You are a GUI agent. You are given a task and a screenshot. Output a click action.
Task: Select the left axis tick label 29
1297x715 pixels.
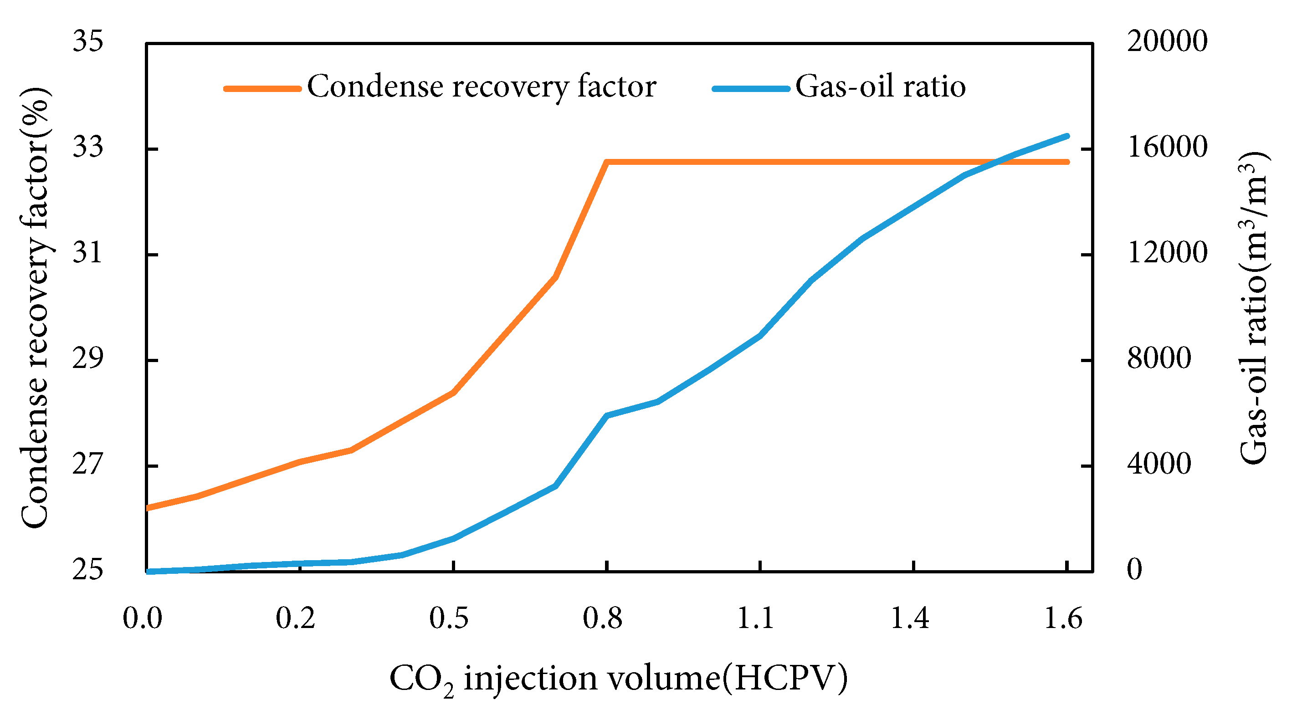coord(87,358)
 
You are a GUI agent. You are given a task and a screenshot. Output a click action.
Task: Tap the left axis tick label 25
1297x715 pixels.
coord(87,570)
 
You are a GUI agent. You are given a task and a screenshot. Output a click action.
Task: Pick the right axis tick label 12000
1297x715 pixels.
coord(1167,252)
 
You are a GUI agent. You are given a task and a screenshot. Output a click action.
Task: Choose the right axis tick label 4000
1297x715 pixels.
coord(1159,464)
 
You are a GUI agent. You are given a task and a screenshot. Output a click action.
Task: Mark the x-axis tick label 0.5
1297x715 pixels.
coord(449,618)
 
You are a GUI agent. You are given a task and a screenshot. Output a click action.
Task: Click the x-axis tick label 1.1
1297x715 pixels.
coord(755,618)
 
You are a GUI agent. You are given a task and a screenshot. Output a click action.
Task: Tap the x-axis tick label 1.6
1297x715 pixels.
coord(1063,618)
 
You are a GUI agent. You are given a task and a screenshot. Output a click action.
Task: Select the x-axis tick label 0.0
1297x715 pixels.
coord(143,618)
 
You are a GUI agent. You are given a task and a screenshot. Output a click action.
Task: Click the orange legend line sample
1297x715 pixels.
coord(262,88)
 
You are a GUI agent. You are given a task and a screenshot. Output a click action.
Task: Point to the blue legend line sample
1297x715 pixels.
coord(751,88)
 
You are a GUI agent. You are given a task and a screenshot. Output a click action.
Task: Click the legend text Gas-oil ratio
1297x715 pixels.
coord(880,87)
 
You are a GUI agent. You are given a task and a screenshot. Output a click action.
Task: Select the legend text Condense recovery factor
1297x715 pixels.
coord(482,87)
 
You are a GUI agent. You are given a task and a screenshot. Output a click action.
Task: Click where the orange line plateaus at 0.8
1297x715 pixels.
coord(607,162)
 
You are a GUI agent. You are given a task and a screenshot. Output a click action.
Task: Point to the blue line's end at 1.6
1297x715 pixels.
coord(1067,136)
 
